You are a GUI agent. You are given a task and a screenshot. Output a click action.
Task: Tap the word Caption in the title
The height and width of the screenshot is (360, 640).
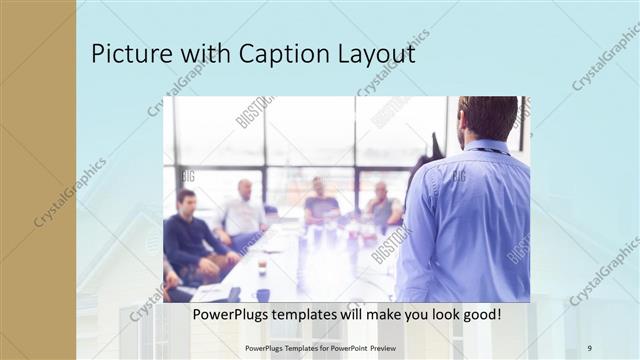(267, 54)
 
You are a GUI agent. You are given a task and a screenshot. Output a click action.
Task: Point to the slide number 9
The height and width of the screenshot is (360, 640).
(589, 347)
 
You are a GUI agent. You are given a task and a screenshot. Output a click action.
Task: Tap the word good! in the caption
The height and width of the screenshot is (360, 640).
(480, 315)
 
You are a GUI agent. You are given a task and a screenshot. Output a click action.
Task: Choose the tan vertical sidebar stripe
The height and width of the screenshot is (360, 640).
(37, 180)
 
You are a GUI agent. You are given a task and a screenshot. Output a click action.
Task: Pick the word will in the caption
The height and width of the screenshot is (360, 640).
(359, 315)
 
